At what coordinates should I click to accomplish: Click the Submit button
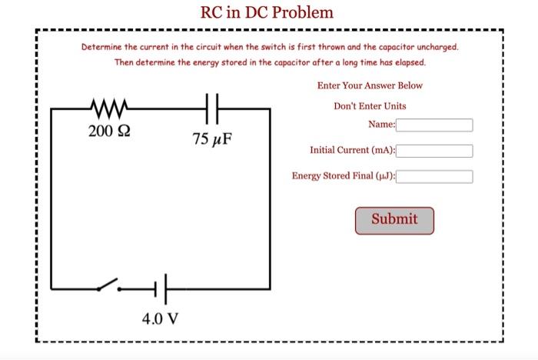[394, 220]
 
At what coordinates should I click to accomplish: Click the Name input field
[434, 125]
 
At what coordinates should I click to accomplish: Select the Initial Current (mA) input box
[434, 151]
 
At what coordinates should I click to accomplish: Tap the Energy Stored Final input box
[434, 176]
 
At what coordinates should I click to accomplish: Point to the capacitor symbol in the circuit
[214, 108]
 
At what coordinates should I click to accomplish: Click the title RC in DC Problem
[267, 12]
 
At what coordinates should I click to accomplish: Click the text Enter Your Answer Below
[370, 85]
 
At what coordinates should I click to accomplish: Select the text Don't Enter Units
[370, 105]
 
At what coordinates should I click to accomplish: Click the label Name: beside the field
[381, 125]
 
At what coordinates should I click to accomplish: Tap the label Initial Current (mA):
[352, 151]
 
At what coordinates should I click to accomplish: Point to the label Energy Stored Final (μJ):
[344, 176]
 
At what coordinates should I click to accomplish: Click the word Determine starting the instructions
[102, 47]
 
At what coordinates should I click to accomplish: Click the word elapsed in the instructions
[407, 62]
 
